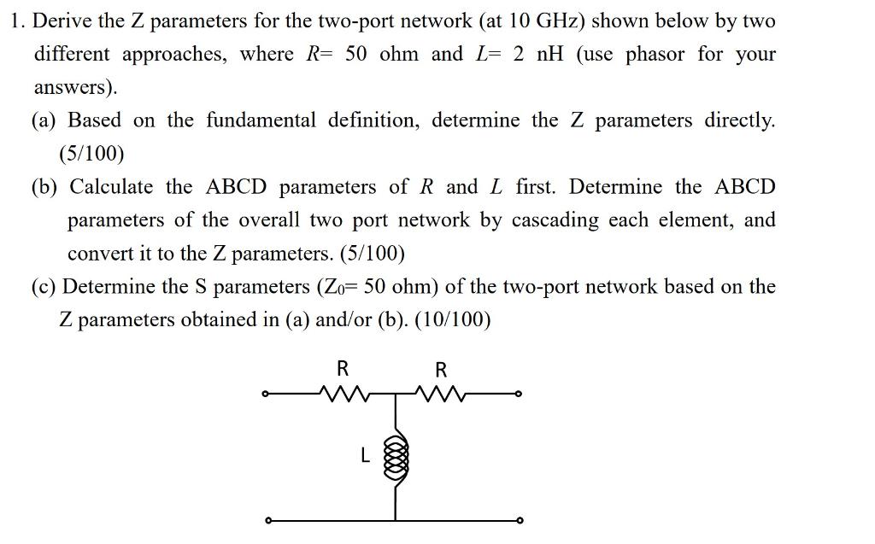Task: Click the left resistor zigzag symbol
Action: [341, 395]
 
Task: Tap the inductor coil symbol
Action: [394, 456]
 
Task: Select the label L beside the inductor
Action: [365, 457]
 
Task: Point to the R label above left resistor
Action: [342, 369]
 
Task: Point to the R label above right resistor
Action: [441, 370]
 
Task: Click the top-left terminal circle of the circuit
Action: [267, 395]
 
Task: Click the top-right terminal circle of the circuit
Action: [518, 395]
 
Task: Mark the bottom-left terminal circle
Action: [267, 520]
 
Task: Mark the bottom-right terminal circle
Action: [518, 520]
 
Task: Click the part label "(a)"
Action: [45, 120]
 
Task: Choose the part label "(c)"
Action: [44, 287]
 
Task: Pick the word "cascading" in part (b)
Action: [555, 220]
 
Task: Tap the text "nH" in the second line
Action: [547, 54]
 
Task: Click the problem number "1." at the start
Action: [18, 20]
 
